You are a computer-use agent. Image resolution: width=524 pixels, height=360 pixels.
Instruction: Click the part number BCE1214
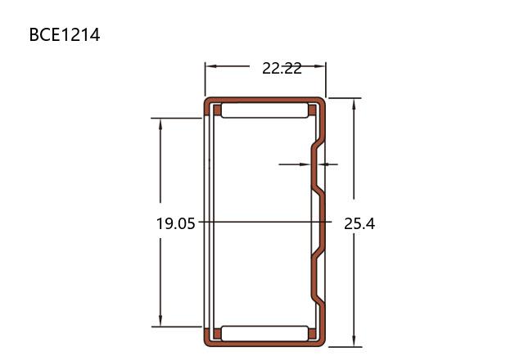(65, 34)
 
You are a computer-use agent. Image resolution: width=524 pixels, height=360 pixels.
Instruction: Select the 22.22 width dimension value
(282, 69)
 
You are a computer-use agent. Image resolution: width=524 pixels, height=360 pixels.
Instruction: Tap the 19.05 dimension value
(175, 223)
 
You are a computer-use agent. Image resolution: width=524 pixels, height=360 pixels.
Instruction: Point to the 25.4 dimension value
(359, 223)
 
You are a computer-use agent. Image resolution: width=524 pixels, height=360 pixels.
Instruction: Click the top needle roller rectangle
(264, 110)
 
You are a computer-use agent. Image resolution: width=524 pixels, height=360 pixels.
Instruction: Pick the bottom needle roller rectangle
(264, 334)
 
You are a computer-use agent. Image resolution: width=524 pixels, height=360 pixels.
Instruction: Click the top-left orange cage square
(217, 110)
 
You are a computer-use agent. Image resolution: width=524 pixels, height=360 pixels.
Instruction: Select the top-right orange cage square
(312, 110)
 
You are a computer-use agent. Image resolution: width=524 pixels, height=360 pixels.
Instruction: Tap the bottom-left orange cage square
(217, 334)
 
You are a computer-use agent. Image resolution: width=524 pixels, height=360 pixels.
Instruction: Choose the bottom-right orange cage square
(312, 334)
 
